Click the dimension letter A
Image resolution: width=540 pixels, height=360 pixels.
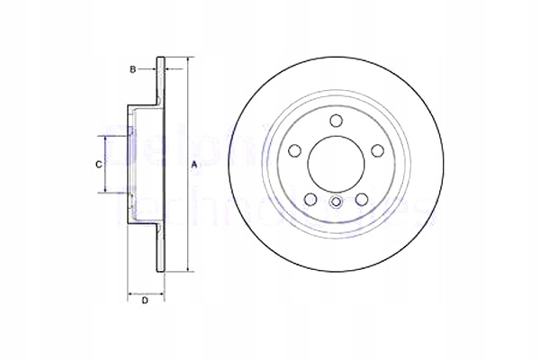click(195, 165)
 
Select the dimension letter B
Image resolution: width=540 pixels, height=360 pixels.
click(131, 68)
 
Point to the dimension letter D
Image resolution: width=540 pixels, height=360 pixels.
click(144, 301)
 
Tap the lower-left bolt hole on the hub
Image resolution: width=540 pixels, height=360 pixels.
click(309, 199)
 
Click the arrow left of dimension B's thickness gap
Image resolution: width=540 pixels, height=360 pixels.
click(153, 68)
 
